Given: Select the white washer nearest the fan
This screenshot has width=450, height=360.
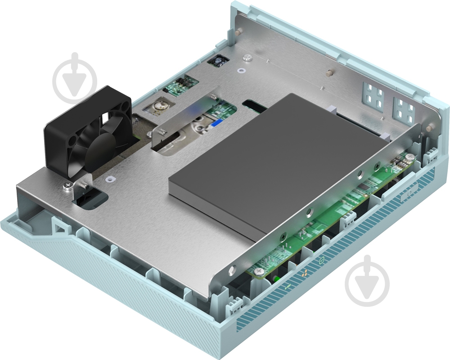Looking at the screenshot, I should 109,179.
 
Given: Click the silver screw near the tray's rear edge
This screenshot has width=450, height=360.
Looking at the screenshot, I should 247,58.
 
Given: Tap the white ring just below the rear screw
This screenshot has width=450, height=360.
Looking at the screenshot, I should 242,70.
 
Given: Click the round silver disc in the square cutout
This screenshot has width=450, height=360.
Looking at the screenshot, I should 158,107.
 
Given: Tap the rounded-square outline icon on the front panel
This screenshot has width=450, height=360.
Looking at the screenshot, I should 321,260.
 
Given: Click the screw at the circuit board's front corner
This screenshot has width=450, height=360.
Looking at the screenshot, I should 259,271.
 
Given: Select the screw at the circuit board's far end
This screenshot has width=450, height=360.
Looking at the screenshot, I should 410,157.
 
